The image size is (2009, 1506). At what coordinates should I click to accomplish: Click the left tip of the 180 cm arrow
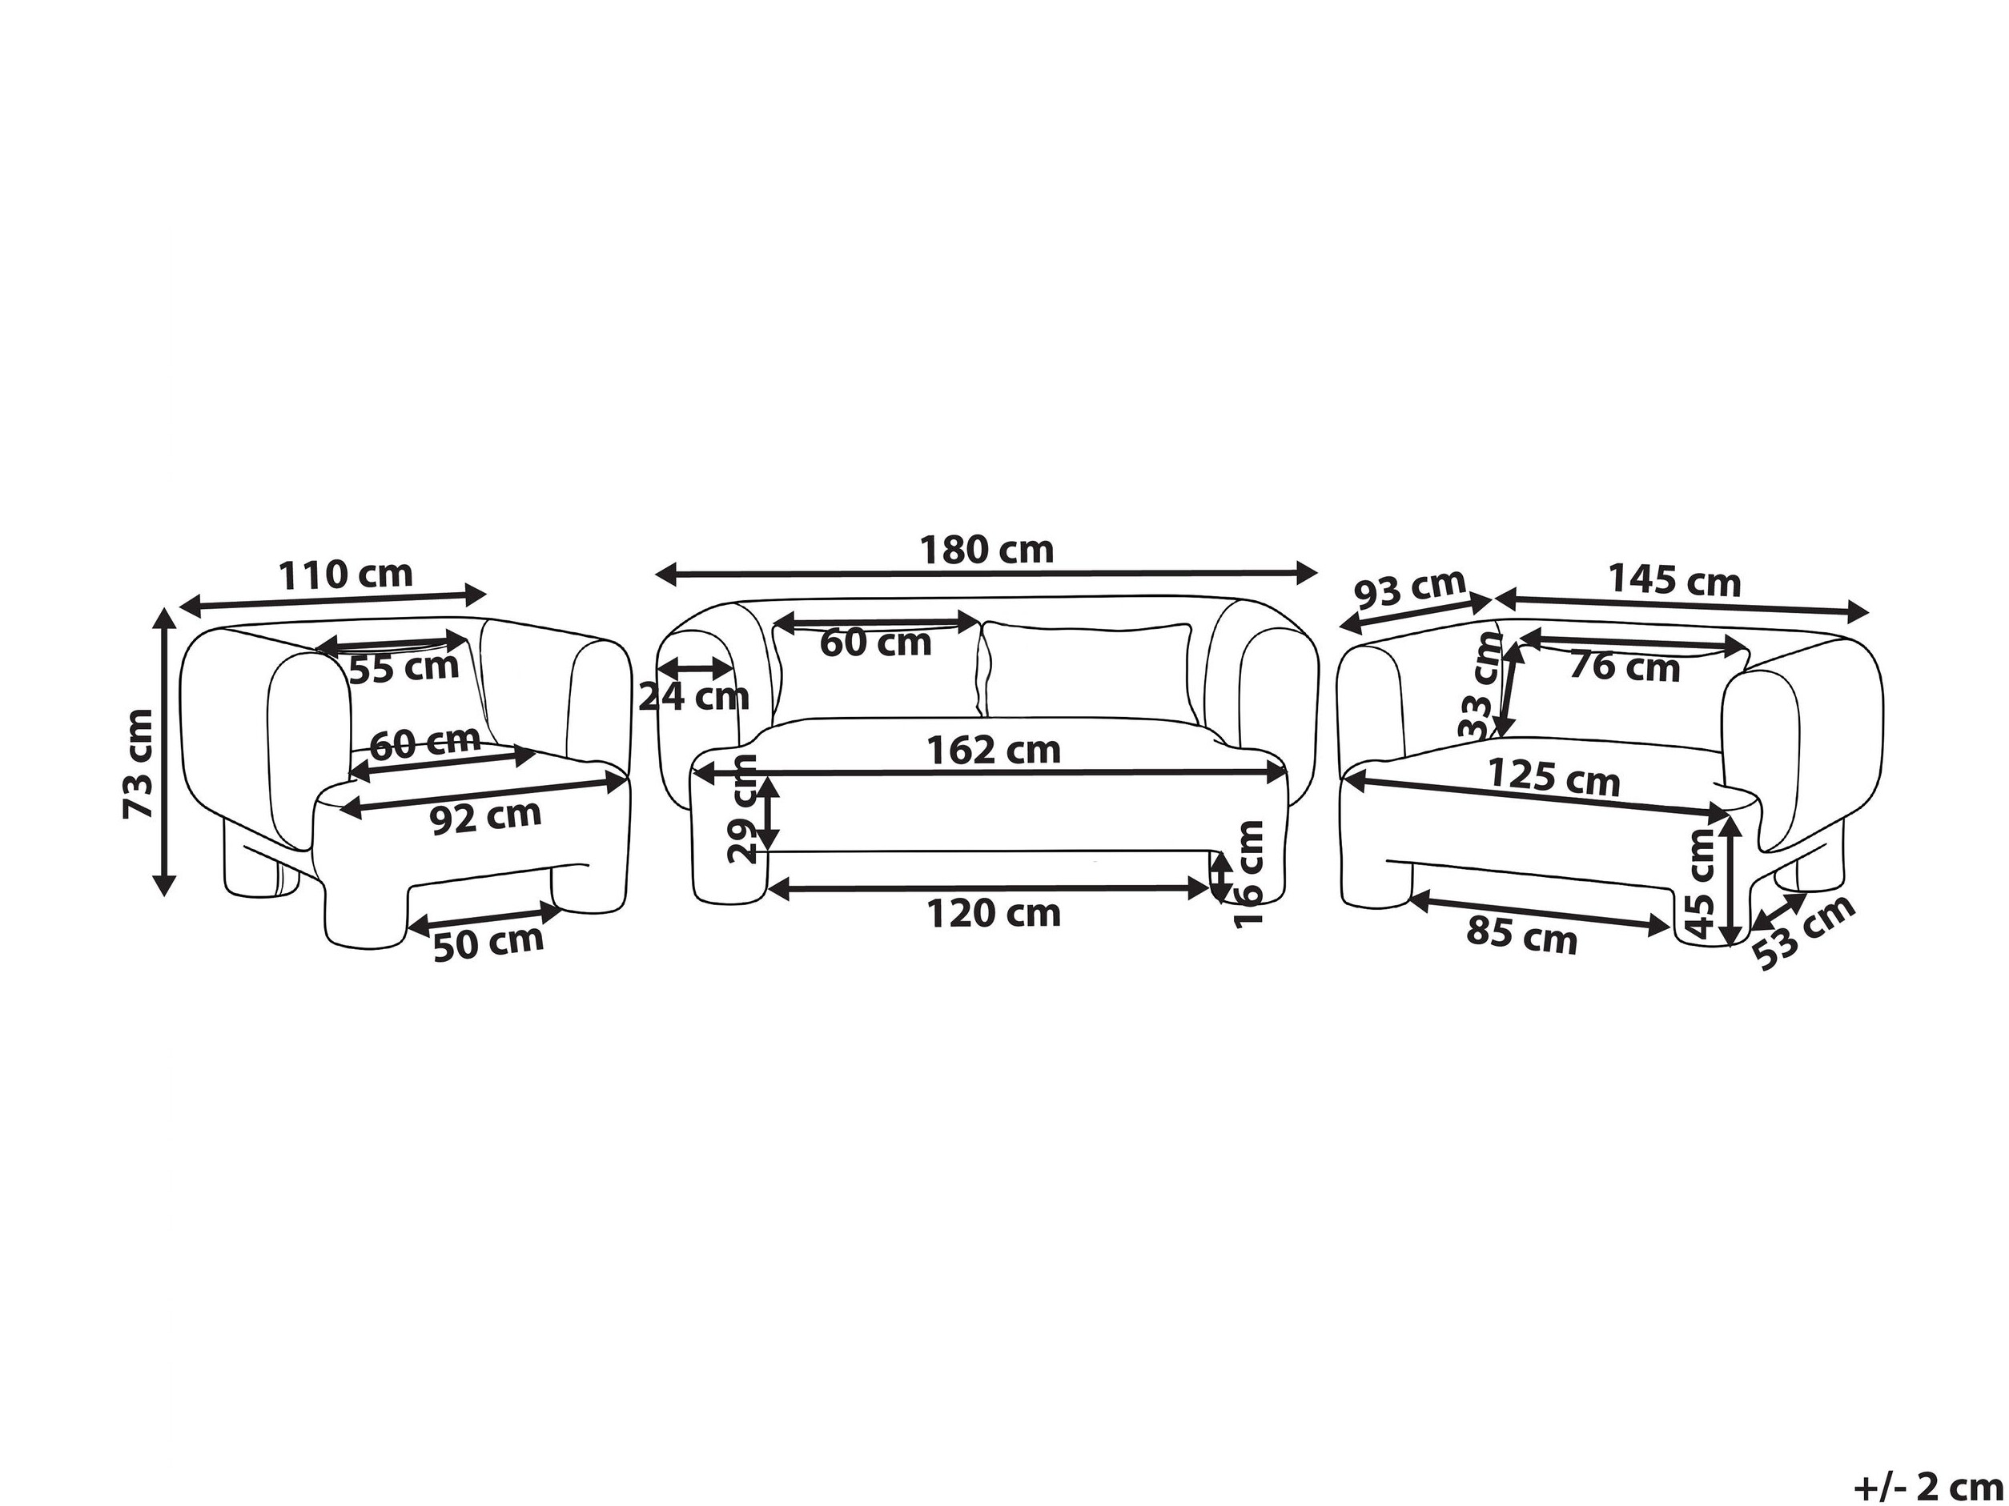coord(657,573)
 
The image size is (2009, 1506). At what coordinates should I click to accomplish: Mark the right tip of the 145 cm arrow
coord(1868,611)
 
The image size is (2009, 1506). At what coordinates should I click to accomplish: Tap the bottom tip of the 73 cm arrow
coord(163,896)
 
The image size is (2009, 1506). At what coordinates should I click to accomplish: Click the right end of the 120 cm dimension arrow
coord(1211,890)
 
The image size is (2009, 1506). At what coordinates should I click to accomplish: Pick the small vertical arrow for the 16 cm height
coord(1219,878)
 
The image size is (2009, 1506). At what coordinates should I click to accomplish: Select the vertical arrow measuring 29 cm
coord(769,815)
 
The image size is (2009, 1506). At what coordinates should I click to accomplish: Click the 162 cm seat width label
coord(994,750)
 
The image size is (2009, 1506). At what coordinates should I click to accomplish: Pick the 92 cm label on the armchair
coord(485,817)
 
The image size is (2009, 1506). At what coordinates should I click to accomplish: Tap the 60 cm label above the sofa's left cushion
coord(875,643)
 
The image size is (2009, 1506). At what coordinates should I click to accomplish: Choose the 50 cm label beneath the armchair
coord(488,943)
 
